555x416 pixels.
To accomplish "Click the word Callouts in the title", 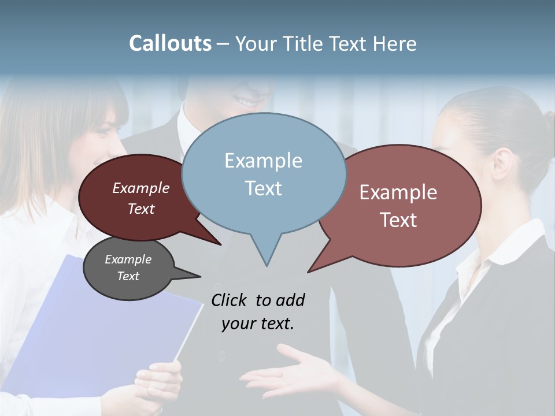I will coord(170,44).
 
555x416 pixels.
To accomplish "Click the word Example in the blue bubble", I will coord(264,161).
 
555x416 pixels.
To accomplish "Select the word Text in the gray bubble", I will coord(128,276).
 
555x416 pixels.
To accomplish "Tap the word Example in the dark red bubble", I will coord(141,188).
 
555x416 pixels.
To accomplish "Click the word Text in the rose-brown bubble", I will coord(398,220).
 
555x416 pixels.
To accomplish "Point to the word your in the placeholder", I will coord(238,324).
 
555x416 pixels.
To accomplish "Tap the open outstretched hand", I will coord(289,373).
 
